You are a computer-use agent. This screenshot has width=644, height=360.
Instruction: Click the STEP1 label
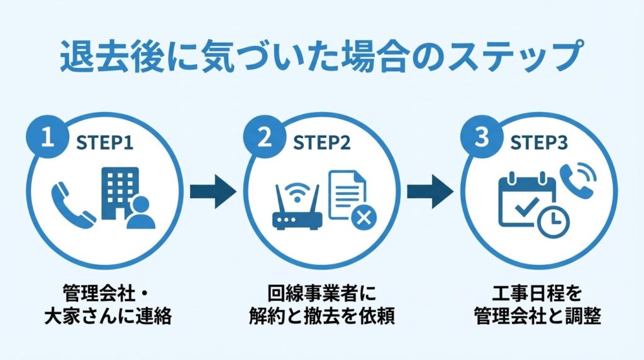point(106,142)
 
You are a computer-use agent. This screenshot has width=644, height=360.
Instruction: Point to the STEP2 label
point(322,142)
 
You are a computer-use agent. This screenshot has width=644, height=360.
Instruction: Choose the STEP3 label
point(538,142)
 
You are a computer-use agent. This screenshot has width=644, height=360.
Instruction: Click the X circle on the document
point(363,218)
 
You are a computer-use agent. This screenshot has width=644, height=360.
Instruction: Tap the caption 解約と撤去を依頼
point(322,315)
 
